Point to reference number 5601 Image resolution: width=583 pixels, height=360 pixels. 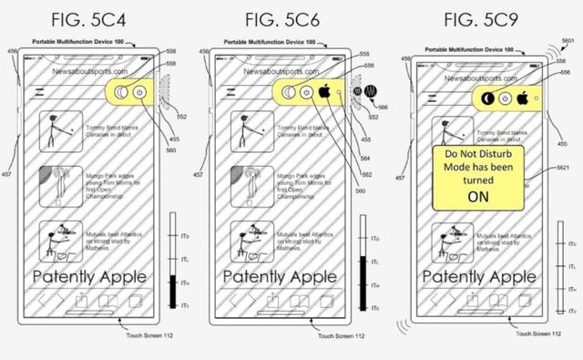[568, 43]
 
